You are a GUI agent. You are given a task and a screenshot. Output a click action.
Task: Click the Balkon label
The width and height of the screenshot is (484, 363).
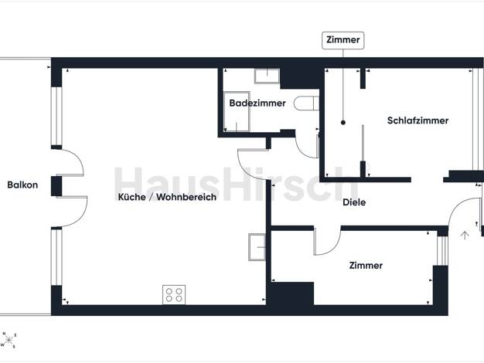pyautogui.click(x=22, y=185)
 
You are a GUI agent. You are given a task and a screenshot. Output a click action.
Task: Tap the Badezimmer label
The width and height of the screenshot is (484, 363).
pyautogui.click(x=257, y=103)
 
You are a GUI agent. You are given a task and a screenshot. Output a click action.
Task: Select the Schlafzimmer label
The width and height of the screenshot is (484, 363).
pyautogui.click(x=418, y=120)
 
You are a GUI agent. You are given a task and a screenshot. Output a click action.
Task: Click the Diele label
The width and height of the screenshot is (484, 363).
pyautogui.click(x=354, y=202)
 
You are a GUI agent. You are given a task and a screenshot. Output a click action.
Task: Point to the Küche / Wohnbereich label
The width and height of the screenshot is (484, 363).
pyautogui.click(x=167, y=197)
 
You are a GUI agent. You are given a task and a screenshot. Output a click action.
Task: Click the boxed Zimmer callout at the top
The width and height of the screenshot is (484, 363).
pyautogui.click(x=343, y=40)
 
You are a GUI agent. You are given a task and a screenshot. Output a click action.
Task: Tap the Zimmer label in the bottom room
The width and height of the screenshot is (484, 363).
pyautogui.click(x=366, y=266)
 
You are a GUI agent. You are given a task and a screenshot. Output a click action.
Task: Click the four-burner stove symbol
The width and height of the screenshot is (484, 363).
pyautogui.click(x=174, y=294)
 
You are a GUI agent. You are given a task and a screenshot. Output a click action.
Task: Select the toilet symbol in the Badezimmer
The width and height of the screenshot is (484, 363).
pyautogui.click(x=306, y=103)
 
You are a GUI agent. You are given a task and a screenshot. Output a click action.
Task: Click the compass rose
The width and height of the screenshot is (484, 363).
pyautogui.click(x=9, y=340)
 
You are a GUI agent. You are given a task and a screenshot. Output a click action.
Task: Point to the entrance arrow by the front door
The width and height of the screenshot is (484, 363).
pyautogui.click(x=465, y=236)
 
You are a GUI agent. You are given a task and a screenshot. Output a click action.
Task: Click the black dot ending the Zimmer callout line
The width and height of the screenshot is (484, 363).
pyautogui.click(x=343, y=123)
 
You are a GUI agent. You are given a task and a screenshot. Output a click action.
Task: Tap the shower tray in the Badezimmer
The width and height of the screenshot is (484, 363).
pyautogui.click(x=237, y=111)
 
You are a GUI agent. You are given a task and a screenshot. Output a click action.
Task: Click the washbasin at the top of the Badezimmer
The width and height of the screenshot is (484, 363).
pyautogui.click(x=267, y=76)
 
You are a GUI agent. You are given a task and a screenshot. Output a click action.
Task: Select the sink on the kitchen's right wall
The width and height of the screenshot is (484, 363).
pyautogui.click(x=257, y=247)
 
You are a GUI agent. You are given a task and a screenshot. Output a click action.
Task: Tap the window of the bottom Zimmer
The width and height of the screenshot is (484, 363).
pyautogui.click(x=443, y=251)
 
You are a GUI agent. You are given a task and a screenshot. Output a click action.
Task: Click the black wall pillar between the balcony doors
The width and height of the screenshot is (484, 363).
pyautogui.click(x=56, y=186)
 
